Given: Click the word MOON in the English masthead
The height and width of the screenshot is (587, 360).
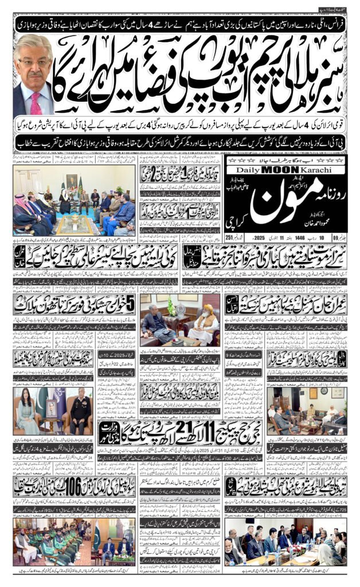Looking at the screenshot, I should click(280, 170).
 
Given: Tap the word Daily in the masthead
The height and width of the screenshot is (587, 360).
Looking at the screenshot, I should click(248, 170).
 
